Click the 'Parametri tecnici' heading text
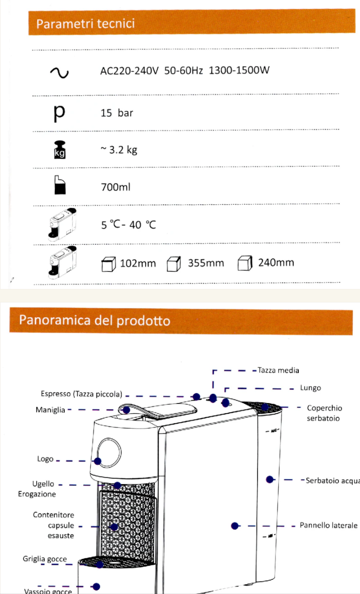85,24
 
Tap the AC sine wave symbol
60,72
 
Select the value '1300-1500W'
239,70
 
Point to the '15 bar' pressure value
117,113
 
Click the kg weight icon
60,150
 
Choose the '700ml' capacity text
115,187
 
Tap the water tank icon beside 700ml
60,185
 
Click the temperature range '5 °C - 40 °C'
128,225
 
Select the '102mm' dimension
138,264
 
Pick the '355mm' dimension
206,263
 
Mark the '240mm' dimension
276,263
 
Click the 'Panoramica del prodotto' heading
94,320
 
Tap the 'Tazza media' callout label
278,370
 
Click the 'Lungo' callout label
310,388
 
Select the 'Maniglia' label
50,410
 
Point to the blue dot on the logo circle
97,461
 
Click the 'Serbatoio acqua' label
332,481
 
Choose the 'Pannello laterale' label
328,525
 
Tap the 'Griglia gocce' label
44,559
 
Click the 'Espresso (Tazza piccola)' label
81,394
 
